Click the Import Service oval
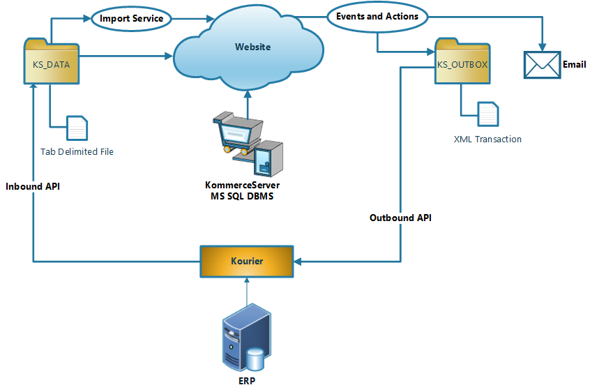[x=131, y=18]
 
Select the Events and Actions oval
[x=377, y=16]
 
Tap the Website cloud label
[x=252, y=47]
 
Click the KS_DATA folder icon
[x=52, y=63]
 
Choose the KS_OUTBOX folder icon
[x=462, y=63]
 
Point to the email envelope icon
[x=542, y=65]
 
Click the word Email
[x=574, y=64]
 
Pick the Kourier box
[x=247, y=260]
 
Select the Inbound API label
[x=33, y=187]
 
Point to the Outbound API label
[x=400, y=218]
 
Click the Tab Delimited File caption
[x=77, y=151]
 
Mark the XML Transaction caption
[x=487, y=139]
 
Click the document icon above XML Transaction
[x=487, y=114]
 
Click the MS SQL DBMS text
[x=242, y=197]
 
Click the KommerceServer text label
[x=242, y=186]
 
